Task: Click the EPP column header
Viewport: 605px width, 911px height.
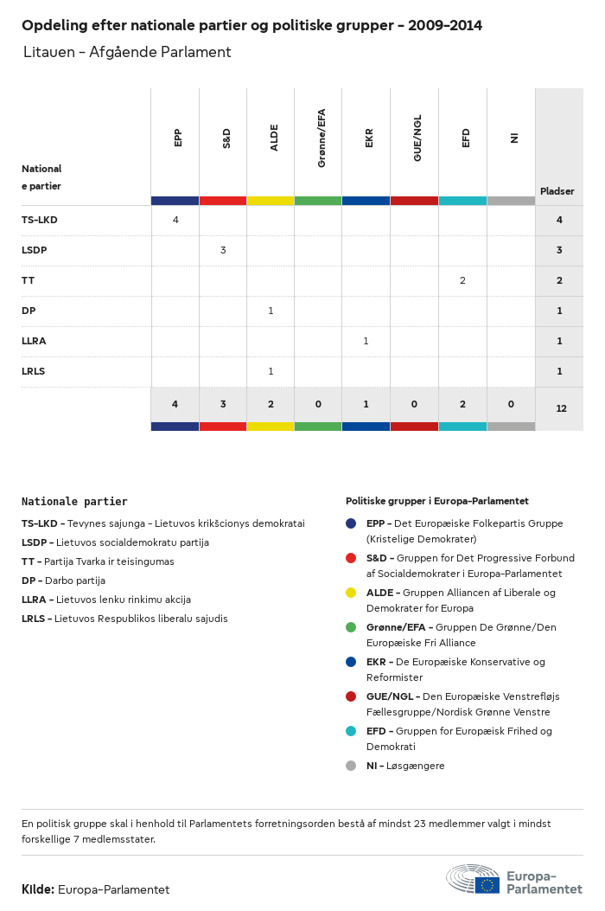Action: coord(178,138)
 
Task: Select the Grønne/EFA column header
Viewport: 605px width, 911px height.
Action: coord(322,138)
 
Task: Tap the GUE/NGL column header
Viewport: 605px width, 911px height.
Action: coord(417,138)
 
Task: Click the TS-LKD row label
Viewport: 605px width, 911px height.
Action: coord(40,220)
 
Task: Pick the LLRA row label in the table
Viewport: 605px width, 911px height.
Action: coord(34,341)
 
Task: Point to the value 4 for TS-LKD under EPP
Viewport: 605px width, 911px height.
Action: coord(175,220)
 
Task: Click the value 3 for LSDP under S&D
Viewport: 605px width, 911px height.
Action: coord(223,250)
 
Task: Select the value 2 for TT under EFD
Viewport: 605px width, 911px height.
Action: coord(462,280)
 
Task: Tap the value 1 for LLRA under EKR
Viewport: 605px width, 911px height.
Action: coord(366,341)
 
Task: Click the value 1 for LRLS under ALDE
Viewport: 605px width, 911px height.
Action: coord(271,371)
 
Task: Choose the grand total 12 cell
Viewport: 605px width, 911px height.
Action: coord(561,407)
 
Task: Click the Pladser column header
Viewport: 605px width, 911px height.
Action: coord(557,191)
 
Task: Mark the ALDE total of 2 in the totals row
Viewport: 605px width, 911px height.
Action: coord(271,404)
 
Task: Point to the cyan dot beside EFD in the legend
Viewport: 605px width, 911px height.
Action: coord(351,731)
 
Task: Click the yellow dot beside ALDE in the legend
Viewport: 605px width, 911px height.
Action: coord(351,593)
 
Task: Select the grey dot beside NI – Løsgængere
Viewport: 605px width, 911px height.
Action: coord(351,766)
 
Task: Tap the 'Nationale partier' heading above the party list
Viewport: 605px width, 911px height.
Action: coord(74,502)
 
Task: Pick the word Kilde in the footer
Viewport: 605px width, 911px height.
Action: coord(38,889)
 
